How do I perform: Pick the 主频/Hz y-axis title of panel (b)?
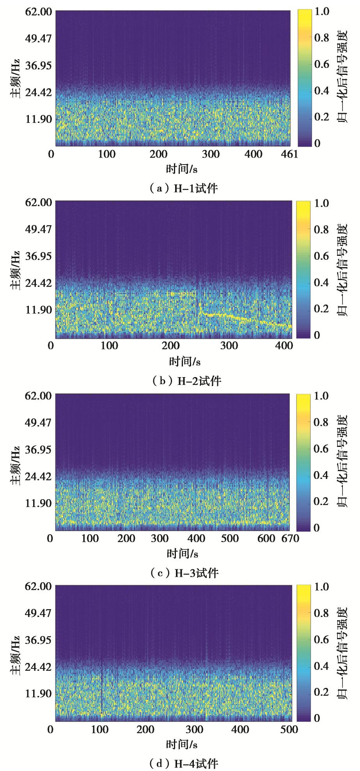15,270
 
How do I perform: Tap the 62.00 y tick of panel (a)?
38,12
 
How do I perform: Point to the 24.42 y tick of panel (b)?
38,283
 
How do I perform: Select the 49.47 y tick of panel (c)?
38,422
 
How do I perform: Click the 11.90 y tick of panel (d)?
38,694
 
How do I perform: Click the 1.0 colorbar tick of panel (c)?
321,396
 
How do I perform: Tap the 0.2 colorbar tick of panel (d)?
321,692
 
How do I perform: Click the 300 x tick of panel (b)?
229,346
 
